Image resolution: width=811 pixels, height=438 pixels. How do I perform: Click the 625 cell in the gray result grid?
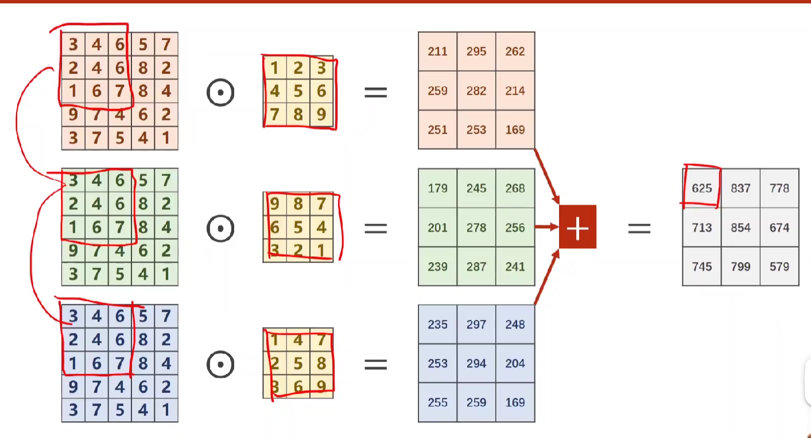(x=701, y=188)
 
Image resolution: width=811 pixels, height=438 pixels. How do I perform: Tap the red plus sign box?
(x=577, y=227)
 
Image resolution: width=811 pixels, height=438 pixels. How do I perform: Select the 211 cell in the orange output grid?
(x=437, y=52)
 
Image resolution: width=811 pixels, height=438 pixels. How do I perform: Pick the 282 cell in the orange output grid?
(x=476, y=91)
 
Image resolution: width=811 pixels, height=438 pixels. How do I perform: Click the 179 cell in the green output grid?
(x=437, y=188)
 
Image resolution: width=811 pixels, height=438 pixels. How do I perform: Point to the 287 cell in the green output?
(x=476, y=267)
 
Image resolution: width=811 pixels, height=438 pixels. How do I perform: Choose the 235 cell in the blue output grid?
(x=437, y=324)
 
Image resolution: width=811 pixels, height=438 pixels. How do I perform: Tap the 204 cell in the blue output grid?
(x=515, y=363)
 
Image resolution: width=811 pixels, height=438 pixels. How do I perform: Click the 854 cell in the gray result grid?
(x=740, y=228)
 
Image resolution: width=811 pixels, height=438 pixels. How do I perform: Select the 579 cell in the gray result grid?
(x=779, y=267)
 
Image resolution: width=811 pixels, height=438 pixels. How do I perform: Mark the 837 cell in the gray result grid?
(x=740, y=188)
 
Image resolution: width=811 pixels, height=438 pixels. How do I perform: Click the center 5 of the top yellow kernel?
(x=298, y=92)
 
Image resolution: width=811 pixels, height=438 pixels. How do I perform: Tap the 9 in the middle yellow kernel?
(x=275, y=205)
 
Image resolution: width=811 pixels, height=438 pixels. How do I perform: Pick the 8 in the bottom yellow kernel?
(x=321, y=364)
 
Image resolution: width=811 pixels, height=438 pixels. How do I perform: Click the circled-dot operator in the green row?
(x=220, y=228)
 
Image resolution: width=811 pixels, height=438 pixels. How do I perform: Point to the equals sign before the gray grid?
(x=639, y=228)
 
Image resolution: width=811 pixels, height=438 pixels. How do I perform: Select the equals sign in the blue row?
(x=375, y=364)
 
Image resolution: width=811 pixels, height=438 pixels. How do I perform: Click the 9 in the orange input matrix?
(x=73, y=115)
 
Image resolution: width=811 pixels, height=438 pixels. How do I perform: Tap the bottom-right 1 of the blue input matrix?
(x=166, y=410)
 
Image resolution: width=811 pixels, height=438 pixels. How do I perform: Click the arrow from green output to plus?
(x=546, y=227)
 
